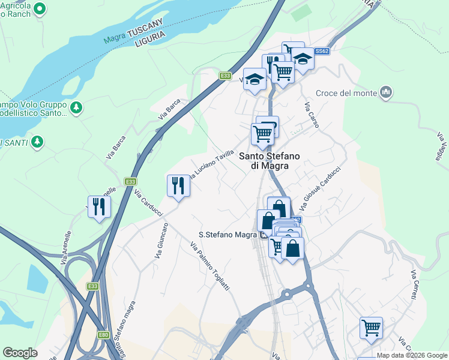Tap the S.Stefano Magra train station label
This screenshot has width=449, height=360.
click(228, 235)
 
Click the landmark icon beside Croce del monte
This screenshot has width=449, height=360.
click(386, 92)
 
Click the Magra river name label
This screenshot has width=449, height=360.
click(114, 40)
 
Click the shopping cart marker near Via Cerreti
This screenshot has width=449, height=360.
click(371, 328)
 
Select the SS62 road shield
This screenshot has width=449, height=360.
click(322, 52)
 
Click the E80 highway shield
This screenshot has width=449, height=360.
click(103, 334)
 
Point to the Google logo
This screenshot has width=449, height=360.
click(20, 353)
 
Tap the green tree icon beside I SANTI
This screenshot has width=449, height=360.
click(37, 142)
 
